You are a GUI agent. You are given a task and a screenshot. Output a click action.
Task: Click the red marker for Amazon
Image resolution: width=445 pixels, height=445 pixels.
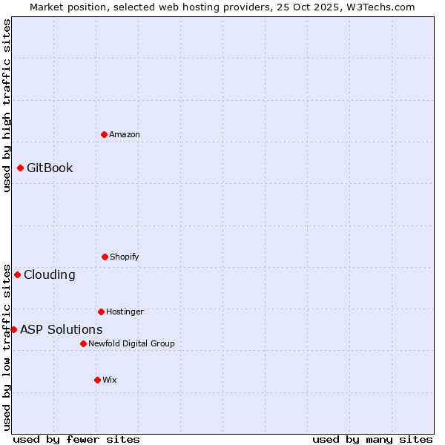pos(105,134)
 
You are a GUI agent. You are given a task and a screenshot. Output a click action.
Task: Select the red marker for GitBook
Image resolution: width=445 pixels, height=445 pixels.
pos(20,168)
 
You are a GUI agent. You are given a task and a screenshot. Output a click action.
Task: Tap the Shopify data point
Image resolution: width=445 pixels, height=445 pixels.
pos(105,257)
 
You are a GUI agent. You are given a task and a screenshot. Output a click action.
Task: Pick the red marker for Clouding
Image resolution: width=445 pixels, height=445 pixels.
pos(17,274)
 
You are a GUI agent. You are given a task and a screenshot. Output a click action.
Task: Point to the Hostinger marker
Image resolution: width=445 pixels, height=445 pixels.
pos(101,311)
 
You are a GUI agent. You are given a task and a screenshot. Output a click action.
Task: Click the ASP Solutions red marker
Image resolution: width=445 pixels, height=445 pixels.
pos(13,329)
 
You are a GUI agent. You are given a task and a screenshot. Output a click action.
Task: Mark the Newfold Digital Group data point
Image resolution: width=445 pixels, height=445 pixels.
pos(83,343)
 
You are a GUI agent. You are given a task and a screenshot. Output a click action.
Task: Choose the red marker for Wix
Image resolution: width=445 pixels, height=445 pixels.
pos(97,380)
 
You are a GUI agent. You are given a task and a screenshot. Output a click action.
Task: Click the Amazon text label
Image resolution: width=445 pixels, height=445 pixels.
pos(125,134)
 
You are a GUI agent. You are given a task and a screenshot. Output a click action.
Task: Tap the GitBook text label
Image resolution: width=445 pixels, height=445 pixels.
pos(50,168)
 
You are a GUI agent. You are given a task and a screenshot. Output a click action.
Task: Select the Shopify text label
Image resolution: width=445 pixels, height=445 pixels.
pos(125,257)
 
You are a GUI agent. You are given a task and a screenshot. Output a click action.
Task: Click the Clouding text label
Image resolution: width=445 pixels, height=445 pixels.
pos(50,274)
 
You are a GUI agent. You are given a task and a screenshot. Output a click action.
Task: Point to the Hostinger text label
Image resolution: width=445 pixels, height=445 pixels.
pos(125,311)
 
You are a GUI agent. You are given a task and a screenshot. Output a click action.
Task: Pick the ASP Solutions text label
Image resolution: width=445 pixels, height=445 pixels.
pos(62,329)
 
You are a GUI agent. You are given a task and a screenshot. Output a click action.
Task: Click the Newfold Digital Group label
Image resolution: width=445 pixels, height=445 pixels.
pos(131,343)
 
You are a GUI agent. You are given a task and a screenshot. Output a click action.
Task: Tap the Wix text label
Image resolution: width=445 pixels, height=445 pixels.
pos(110,380)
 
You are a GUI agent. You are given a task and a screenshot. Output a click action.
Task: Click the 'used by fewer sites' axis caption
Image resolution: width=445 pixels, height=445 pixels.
pos(76,439)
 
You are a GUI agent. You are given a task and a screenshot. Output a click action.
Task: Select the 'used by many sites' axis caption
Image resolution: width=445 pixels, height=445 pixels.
pos(372,439)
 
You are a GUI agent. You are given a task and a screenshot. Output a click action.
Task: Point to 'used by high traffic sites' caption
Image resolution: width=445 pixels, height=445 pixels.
pos(7,105)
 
